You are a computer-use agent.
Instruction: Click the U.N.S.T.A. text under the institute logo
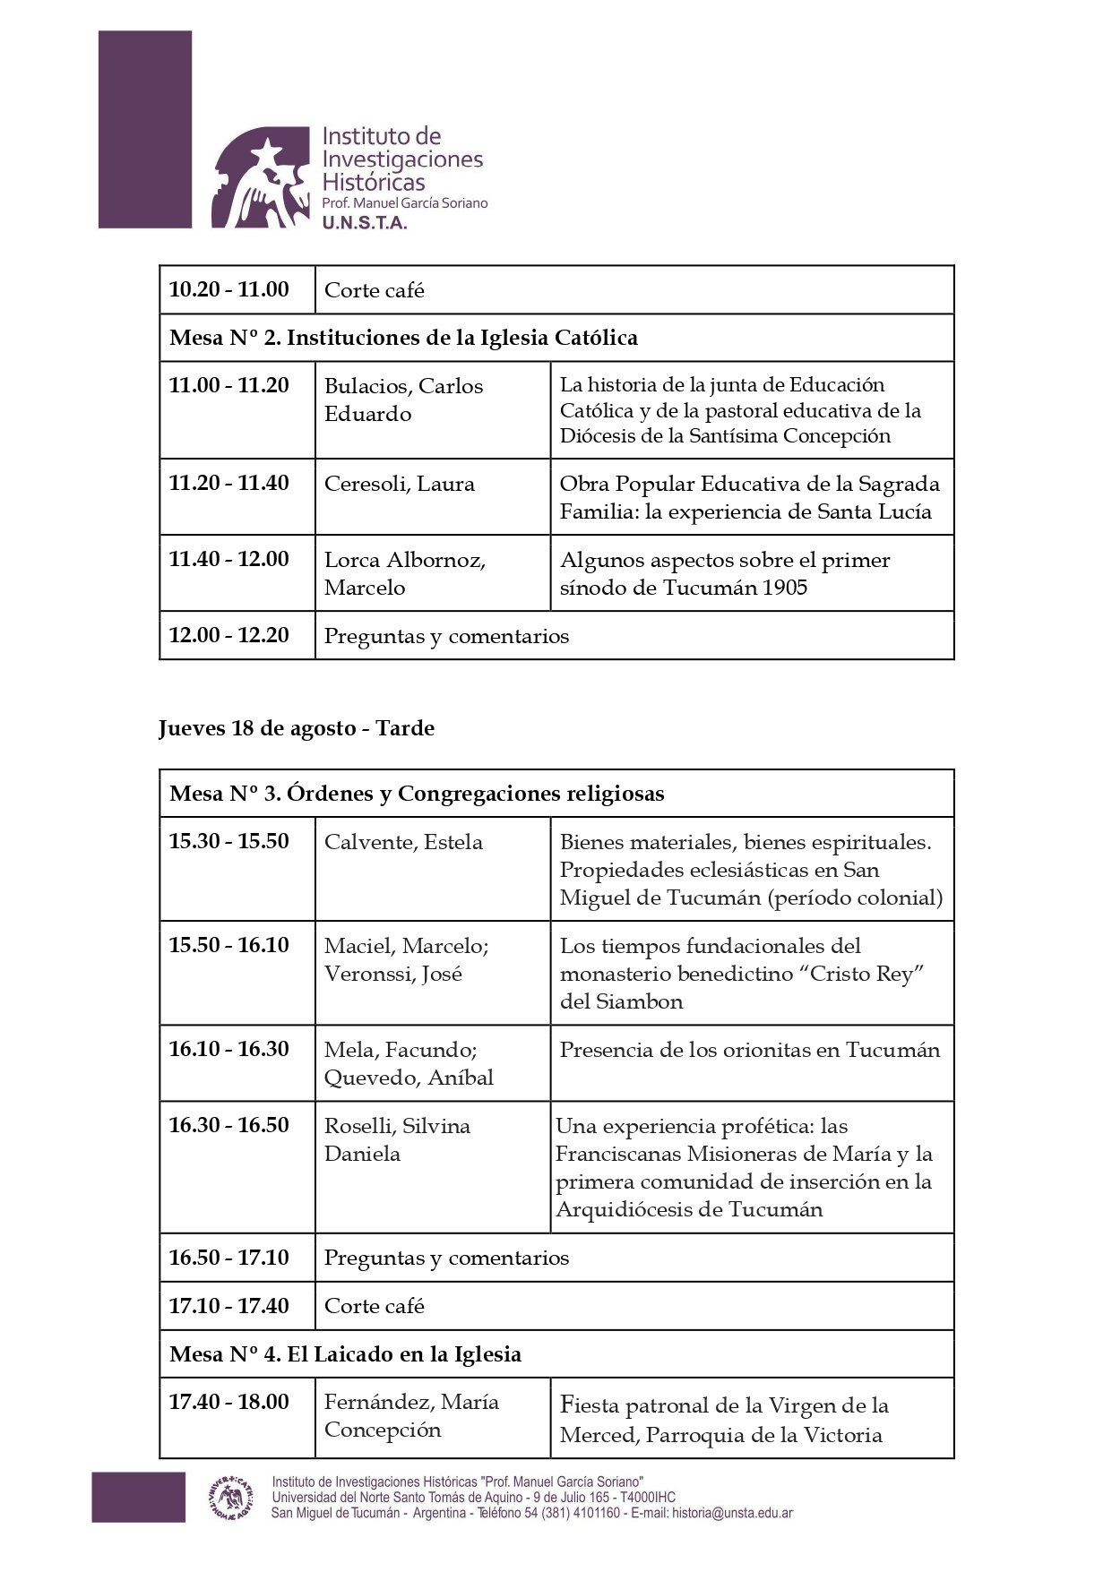365,223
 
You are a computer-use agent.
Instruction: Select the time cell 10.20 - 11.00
229,289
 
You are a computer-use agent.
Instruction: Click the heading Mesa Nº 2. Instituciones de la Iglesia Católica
403,338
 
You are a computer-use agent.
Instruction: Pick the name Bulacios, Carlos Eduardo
403,399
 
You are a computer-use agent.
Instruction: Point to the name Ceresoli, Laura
400,484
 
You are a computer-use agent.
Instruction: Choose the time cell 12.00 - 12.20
229,635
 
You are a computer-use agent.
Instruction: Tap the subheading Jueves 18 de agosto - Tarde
297,728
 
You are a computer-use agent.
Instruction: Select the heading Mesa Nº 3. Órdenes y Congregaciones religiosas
417,794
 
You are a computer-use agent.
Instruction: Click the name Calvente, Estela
403,842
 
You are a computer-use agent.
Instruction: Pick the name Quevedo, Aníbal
409,1078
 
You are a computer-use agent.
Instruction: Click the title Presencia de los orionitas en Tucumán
750,1050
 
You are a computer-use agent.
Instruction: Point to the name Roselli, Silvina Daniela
397,1139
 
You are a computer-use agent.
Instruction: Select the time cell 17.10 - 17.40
229,1305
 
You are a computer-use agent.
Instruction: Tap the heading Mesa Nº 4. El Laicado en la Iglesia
345,1353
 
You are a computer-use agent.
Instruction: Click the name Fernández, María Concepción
411,1415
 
